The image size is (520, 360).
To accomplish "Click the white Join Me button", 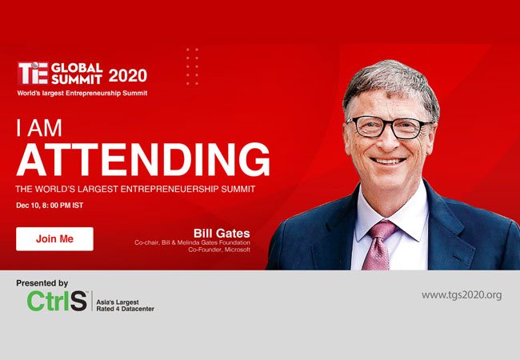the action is tap(54, 238).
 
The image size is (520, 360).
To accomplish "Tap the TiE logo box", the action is tap(33, 74).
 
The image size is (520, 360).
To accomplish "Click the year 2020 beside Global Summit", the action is tap(128, 75).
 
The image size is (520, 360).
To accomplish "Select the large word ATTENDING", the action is tap(143, 159).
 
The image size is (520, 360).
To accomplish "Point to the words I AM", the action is tap(39, 128).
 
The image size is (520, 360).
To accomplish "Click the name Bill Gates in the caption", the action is tap(222, 234).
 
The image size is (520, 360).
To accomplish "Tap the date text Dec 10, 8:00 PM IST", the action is tap(50, 206).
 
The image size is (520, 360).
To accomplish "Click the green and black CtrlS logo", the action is tap(57, 301).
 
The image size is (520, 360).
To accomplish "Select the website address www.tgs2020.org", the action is tap(462, 294).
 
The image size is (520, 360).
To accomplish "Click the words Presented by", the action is tap(42, 283).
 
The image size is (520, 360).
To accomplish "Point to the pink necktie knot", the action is tap(382, 230).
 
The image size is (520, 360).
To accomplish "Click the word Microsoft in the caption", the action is tap(237, 250).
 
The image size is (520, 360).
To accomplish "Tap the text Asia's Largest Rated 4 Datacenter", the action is tap(126, 306).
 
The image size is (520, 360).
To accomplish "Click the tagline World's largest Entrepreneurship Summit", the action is tap(82, 93).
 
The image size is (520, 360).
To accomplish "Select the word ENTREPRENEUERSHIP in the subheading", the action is tap(170, 189).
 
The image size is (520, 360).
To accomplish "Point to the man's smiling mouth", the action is tap(388, 162).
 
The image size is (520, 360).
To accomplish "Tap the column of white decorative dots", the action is tap(192, 66).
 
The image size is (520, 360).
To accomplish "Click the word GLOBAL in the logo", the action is tap(77, 68).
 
